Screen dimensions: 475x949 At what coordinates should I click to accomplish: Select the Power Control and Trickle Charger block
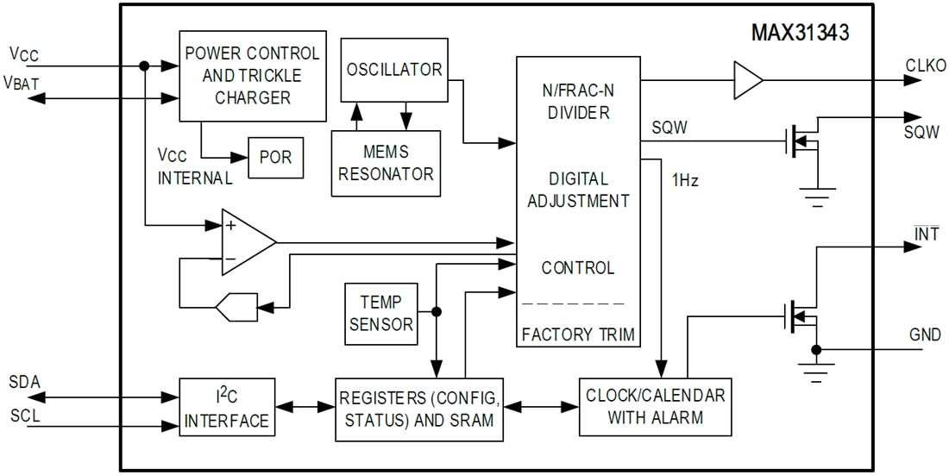coord(252,76)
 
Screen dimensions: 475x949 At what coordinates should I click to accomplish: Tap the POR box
coord(275,158)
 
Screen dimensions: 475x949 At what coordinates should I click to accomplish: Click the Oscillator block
coord(394,70)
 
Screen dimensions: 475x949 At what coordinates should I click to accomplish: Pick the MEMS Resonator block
coord(386,163)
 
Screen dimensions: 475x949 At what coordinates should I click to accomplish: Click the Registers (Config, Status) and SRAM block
coord(418,409)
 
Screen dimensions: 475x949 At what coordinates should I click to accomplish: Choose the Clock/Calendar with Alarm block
coord(656,407)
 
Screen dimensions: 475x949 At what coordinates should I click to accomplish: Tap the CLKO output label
coord(925,66)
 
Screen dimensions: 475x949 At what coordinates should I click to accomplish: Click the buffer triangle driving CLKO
coord(746,80)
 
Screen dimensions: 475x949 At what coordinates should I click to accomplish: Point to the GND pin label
coord(925,334)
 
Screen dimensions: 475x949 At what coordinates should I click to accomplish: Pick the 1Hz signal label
coord(686,182)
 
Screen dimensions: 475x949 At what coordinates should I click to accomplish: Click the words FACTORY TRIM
coord(578,334)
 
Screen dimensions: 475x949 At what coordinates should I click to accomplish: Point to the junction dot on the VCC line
coord(144,66)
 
